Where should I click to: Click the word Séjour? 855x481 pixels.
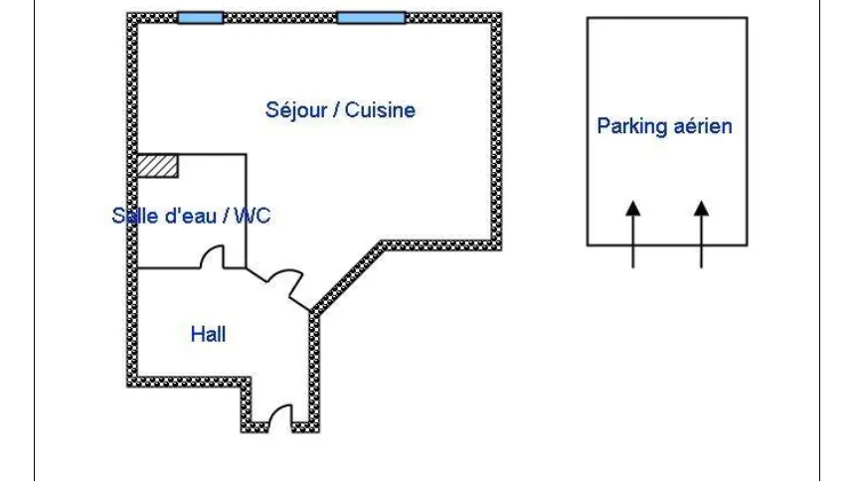293,109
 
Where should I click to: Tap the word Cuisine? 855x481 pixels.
379,109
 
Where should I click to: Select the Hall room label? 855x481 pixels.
208,334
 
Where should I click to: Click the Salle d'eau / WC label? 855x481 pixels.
191,216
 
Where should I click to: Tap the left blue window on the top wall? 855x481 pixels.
200,18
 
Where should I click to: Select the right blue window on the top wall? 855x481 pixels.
371,18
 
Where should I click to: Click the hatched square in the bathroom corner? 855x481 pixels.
157,166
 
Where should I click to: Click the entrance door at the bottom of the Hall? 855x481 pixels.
279,417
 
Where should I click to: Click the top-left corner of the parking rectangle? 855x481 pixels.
588,18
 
